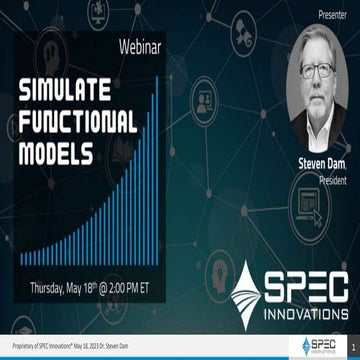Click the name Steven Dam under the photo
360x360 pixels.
tap(321, 157)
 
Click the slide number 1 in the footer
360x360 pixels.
tap(352, 346)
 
